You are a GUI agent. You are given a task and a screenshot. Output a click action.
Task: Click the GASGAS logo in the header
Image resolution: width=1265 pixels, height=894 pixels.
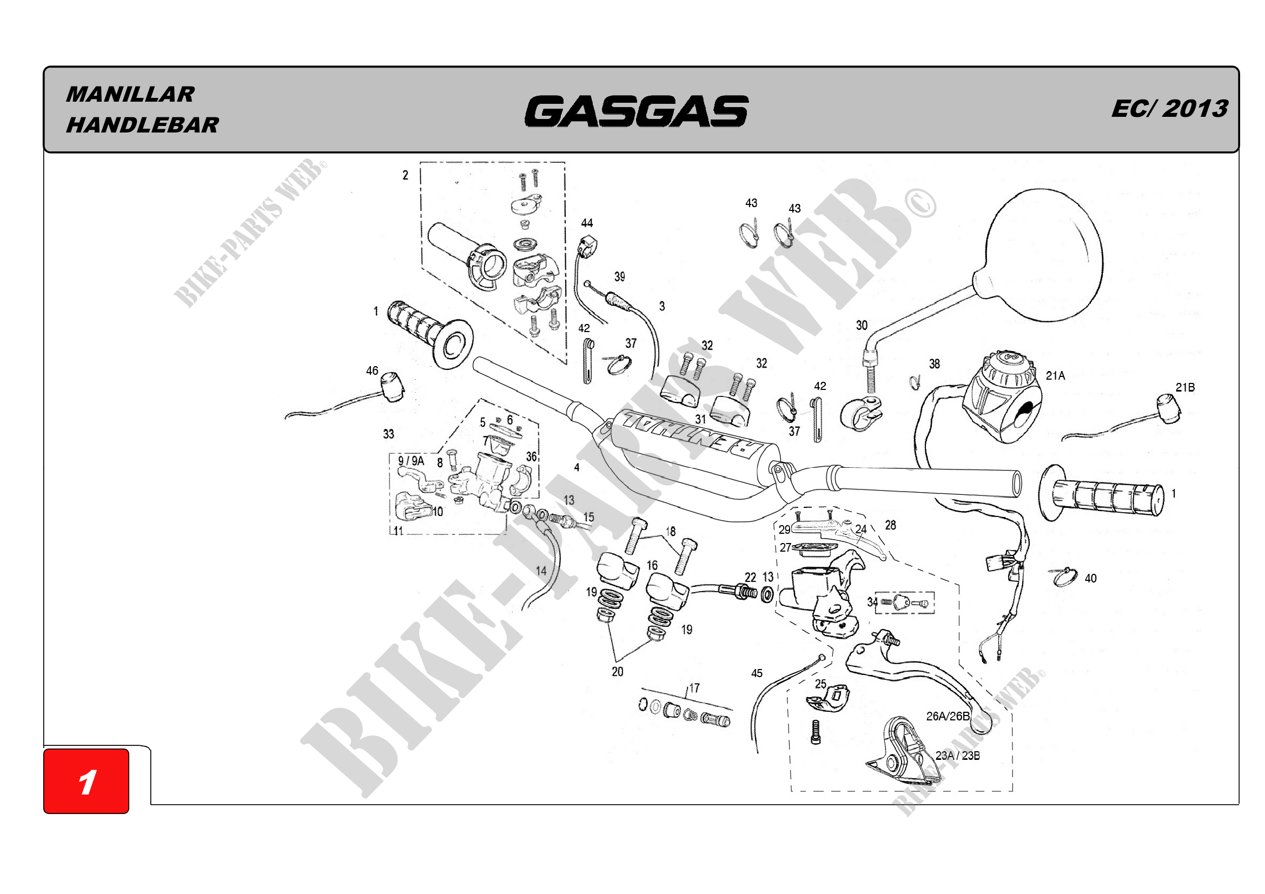pos(637,111)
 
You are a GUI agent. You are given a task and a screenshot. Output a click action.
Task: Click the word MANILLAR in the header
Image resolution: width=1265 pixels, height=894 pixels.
pos(130,94)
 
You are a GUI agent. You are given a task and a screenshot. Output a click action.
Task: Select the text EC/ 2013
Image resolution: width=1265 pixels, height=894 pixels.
pos(1169,109)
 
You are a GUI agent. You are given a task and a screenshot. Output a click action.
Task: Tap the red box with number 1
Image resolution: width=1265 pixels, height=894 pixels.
pos(87,781)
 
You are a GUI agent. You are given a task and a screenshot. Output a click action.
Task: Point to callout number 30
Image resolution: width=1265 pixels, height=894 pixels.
pos(862,326)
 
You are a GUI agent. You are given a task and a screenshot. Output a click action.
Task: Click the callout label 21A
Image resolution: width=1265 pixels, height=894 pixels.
pos(1055,376)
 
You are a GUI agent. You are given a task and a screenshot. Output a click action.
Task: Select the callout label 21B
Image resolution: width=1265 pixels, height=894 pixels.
pos(1185,387)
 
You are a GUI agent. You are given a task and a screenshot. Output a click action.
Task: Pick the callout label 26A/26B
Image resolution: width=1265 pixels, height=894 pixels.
pos(947,716)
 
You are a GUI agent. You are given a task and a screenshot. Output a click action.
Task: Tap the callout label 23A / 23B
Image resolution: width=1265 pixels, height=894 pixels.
pos(958,756)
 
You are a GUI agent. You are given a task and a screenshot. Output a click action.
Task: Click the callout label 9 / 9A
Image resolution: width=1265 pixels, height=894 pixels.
pos(411,460)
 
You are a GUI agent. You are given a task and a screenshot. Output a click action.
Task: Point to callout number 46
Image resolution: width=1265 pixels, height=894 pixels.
pos(373,370)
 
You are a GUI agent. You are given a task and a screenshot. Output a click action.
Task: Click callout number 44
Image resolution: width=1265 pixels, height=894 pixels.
pos(587,223)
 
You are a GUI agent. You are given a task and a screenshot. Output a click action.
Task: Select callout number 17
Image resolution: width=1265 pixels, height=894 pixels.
pos(694,688)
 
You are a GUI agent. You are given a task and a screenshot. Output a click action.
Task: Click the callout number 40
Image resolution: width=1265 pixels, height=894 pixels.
pos(1090,578)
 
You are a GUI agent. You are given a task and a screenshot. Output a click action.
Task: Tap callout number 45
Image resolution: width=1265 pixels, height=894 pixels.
pos(757,673)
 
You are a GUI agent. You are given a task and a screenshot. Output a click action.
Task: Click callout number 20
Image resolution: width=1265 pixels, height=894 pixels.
pos(618,672)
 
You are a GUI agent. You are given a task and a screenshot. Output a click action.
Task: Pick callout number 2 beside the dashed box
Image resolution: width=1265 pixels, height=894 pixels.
pos(406,175)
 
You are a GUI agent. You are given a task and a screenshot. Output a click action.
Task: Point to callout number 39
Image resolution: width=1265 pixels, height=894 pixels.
pos(620,276)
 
